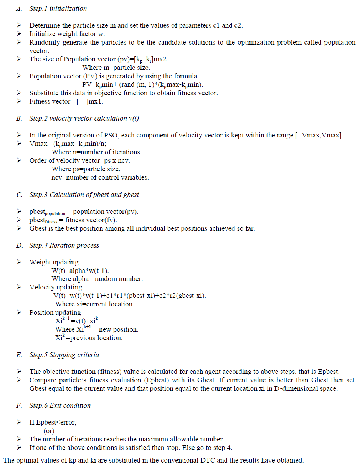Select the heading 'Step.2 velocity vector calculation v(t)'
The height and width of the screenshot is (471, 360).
pos(84,118)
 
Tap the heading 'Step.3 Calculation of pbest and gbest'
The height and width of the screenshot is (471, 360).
pos(84,195)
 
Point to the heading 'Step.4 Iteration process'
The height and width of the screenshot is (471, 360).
pos(64,245)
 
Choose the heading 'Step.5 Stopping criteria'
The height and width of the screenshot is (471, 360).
pos(64,355)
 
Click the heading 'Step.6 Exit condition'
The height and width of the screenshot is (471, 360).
pos(60,405)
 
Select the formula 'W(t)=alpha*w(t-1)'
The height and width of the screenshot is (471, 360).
pos(83,271)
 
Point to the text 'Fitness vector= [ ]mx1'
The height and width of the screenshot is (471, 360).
pos(66,101)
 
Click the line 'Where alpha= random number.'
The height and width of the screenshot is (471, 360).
pos(97,279)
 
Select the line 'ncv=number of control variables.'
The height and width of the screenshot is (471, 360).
pos(100,177)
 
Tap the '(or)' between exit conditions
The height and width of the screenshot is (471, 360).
pos(49,431)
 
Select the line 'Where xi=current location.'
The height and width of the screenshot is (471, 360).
pos(94,304)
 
